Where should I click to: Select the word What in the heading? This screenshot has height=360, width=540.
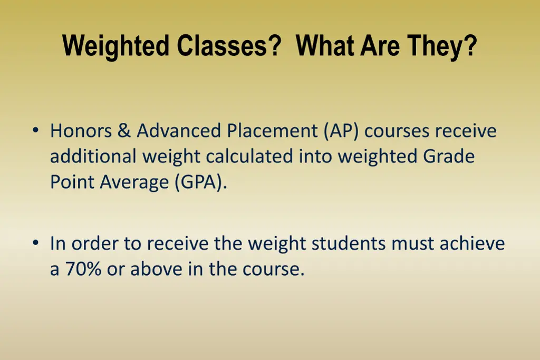click(x=325, y=46)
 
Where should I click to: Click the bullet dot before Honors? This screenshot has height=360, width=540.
click(x=35, y=130)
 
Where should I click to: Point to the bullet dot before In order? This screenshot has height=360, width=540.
click(x=35, y=244)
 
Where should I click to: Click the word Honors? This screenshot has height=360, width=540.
click(x=81, y=131)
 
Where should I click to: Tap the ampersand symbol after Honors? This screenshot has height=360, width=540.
click(x=124, y=131)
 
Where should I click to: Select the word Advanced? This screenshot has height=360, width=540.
click(x=179, y=131)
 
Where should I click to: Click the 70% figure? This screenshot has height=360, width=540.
click(x=83, y=269)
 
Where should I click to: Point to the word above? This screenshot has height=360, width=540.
click(x=153, y=269)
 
